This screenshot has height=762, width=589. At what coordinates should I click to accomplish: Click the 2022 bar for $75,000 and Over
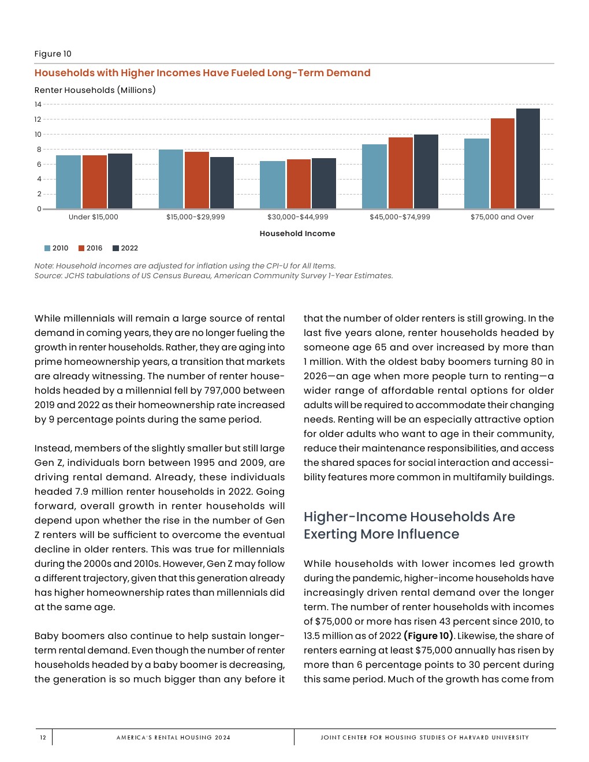528,159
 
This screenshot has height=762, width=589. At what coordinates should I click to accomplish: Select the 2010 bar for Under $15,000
68,182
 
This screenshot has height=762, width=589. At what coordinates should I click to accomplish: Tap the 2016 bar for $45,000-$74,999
401,173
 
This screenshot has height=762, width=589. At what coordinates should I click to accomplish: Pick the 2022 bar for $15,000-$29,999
222,182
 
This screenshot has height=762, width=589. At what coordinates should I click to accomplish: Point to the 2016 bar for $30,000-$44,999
299,184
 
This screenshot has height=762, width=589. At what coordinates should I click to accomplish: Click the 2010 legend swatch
47,248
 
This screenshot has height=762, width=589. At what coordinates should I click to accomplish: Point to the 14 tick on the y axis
38,104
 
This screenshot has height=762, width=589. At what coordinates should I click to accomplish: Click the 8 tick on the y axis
39,150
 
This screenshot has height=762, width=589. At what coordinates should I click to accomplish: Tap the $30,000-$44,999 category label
297,217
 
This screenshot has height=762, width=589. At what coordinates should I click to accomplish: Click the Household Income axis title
297,234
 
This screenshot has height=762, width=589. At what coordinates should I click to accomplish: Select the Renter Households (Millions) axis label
95,90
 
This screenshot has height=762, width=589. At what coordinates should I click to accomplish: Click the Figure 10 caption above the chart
53,54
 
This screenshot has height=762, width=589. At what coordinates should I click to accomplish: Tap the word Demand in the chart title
348,73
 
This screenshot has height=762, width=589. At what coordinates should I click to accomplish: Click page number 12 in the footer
43,737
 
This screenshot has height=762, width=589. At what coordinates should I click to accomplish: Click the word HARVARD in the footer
474,737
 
